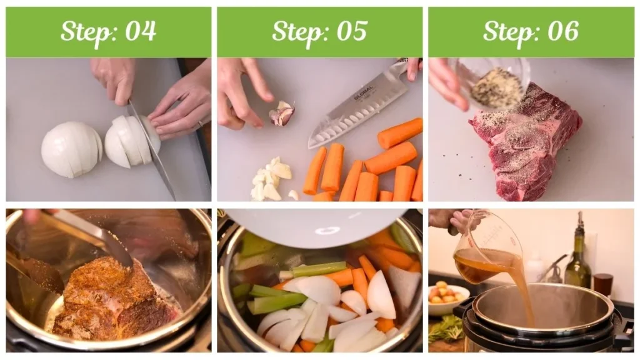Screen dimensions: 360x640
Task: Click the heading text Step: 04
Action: coord(108,31)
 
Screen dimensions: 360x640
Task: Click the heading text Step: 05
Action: coord(319,31)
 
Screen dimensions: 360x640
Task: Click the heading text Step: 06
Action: coord(531,31)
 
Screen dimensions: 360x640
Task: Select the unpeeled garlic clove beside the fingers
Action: coord(282,114)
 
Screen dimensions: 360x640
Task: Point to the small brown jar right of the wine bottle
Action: coord(603,284)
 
